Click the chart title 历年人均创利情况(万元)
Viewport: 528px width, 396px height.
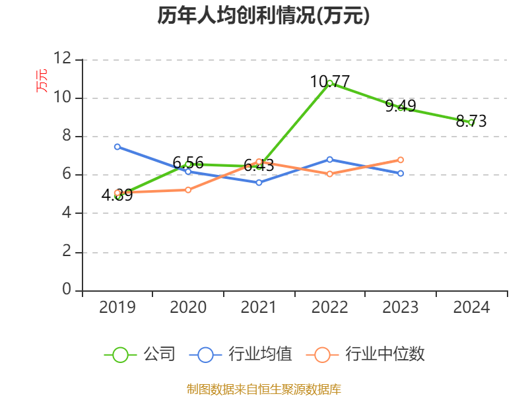263,16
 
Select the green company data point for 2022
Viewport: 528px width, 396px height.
330,83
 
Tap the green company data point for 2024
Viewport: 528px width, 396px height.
471,122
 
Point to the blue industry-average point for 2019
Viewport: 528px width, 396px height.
117,147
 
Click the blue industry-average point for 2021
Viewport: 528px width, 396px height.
259,182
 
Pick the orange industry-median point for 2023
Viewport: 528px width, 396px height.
401,160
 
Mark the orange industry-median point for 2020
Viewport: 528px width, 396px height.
188,190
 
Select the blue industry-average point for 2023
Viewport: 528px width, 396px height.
401,173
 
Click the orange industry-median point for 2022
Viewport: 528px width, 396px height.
330,174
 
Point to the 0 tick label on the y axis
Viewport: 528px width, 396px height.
67,290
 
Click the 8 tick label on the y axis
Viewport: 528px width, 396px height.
67,136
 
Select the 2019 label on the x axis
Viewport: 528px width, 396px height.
117,308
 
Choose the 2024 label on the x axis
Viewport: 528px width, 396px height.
471,308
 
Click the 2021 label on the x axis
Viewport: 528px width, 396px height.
259,308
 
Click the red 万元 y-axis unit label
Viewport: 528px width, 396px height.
42,81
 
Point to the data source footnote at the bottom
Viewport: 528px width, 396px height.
263,389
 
